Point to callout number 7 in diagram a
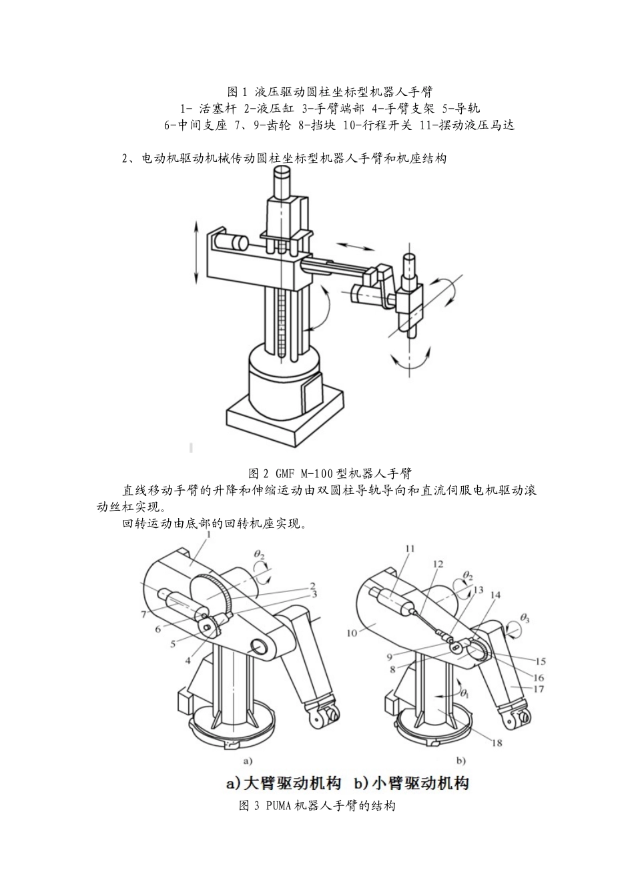[143, 614]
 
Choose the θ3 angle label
[525, 619]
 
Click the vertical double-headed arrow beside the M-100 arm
[196, 253]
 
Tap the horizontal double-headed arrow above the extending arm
[355, 247]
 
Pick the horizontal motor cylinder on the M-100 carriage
[232, 243]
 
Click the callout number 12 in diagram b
[438, 564]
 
